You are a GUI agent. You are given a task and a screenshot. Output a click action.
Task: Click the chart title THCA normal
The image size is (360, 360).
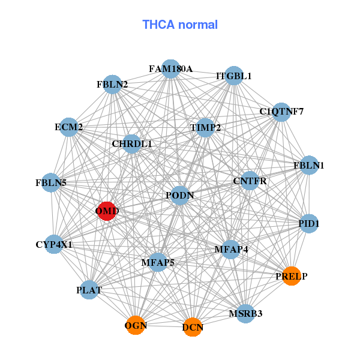click(179, 25)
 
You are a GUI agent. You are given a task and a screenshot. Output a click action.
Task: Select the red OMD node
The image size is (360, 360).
click(106, 211)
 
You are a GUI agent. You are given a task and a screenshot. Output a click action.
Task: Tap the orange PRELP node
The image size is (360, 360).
click(292, 276)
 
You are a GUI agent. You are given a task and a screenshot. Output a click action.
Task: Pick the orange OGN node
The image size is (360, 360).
click(136, 325)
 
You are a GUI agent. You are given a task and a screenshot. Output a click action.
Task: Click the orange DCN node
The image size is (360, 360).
click(193, 327)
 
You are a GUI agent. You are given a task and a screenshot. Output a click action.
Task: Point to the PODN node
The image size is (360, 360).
click(180, 196)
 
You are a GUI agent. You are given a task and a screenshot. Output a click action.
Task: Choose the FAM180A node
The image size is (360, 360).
click(171, 69)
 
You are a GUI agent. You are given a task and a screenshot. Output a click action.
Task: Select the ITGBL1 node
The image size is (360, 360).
click(233, 76)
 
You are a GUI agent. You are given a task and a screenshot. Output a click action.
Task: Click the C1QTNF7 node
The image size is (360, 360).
click(281, 112)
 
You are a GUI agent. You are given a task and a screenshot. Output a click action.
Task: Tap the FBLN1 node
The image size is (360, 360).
click(308, 165)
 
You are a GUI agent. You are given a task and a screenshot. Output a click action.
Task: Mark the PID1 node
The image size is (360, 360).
click(308, 223)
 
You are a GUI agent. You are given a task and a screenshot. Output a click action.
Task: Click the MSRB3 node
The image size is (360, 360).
click(245, 313)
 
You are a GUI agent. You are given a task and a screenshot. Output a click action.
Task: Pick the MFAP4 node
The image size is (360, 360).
click(231, 249)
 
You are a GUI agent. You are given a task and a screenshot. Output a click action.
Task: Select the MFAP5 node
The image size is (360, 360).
click(158, 262)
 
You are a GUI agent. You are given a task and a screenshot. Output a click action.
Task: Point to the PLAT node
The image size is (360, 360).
click(89, 290)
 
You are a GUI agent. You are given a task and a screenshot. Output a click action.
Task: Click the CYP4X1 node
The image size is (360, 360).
click(54, 244)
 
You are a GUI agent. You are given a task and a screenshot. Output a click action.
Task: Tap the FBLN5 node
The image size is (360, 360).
click(52, 182)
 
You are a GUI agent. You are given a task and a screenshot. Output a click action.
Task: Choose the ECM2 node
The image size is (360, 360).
click(69, 127)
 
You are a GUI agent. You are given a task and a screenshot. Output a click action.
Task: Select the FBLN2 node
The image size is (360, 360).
click(112, 85)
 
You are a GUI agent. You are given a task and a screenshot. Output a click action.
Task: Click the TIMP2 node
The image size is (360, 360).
click(206, 128)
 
